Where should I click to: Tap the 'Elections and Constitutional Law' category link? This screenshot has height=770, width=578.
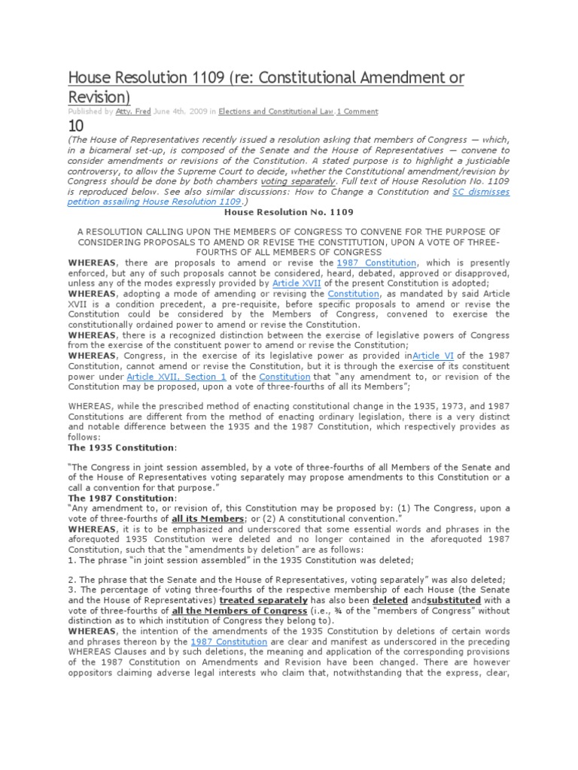(x=275, y=111)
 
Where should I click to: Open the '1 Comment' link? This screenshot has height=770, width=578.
(x=357, y=111)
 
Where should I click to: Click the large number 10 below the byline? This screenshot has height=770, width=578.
(x=76, y=126)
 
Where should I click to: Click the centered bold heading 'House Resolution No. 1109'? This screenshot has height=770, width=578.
(x=289, y=213)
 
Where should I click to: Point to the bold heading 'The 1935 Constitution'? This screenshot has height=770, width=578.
(x=122, y=447)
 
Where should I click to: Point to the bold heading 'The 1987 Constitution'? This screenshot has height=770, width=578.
(x=122, y=498)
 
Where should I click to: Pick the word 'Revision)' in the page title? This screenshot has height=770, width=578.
(x=99, y=97)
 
